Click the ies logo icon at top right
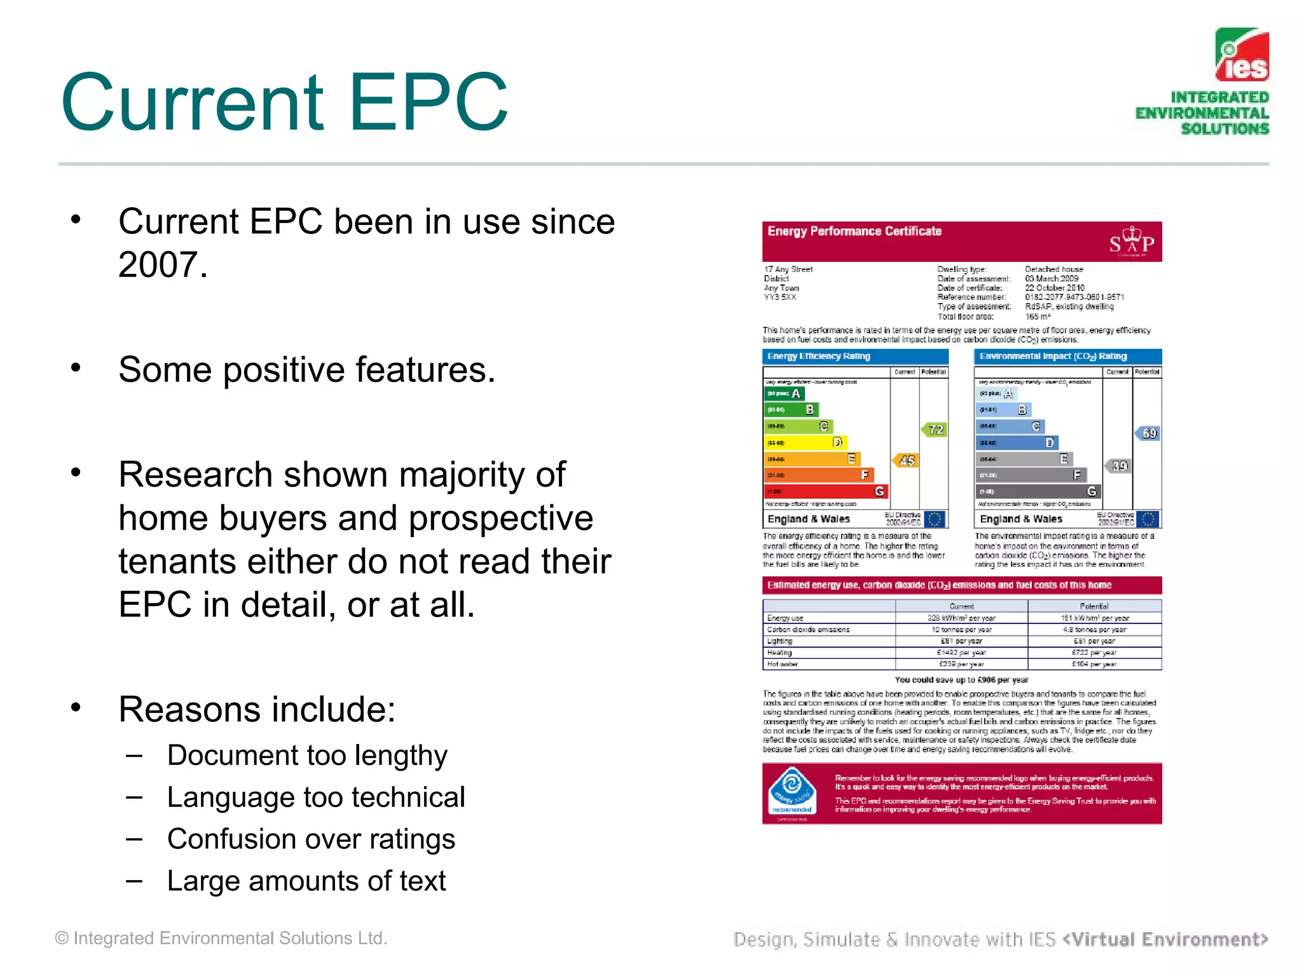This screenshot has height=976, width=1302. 1242,55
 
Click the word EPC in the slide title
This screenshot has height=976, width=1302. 428,103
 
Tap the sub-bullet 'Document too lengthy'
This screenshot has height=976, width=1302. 307,756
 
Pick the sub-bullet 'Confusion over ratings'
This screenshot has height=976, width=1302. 311,839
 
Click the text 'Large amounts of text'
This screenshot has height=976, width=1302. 306,881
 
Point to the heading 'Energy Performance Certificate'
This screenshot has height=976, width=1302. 854,231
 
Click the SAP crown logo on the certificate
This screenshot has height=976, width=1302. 1132,242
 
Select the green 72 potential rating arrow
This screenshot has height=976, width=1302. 934,430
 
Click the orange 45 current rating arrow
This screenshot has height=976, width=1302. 905,460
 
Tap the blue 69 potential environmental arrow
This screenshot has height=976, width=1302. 1148,433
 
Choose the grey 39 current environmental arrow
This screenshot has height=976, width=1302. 1118,466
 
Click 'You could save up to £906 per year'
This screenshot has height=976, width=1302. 961,680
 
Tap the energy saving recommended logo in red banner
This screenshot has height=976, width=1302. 791,792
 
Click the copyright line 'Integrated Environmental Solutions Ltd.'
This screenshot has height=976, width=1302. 221,939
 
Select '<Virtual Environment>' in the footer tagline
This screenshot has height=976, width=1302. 1165,939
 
